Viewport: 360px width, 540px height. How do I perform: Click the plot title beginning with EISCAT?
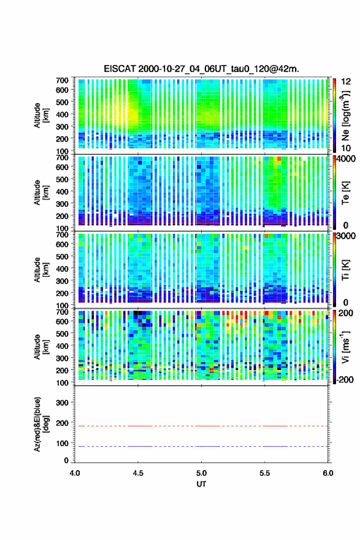pos(201,69)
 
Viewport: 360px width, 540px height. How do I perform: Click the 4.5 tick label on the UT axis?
pos(138,473)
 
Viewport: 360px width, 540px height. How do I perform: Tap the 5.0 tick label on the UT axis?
pos(201,473)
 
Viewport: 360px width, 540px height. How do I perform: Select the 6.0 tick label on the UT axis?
pos(328,473)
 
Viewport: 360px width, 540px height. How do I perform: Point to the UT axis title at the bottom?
pos(201,484)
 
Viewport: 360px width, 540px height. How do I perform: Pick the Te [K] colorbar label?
pos(345,193)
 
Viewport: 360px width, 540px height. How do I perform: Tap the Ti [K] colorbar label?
pos(345,271)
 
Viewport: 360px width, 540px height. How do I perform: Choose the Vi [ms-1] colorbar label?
pos(345,347)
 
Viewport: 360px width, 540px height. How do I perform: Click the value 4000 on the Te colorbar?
pos(346,159)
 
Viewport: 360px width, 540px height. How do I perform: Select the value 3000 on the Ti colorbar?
pos(346,236)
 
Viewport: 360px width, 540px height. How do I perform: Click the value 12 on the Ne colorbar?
pos(346,82)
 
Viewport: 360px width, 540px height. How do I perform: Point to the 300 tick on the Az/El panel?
pos(62,403)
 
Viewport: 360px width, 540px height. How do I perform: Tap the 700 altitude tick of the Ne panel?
pos(62,80)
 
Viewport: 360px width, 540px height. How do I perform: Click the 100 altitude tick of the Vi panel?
pos(62,383)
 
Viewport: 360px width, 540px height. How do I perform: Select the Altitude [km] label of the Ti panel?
pos(41,269)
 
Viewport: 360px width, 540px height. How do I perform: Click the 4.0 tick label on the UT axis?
pos(75,473)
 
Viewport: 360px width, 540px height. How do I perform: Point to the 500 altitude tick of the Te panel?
pos(62,179)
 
